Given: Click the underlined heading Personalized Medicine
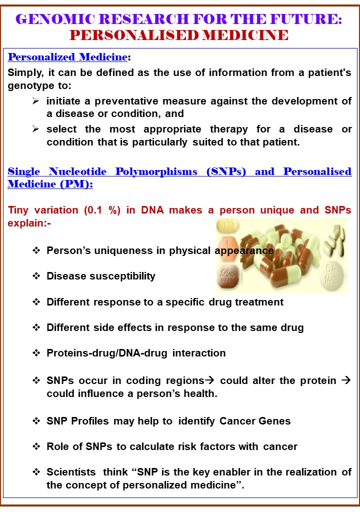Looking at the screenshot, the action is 67,57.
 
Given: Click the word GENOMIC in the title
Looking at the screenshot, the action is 55,19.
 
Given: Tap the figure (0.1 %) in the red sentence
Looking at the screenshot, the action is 102,210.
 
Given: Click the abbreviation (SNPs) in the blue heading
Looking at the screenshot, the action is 226,171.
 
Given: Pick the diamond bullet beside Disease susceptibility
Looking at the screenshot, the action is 36,276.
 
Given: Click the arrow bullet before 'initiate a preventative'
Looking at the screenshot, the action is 35,100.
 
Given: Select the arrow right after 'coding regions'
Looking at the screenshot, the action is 210,380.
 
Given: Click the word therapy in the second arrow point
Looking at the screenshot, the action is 228,129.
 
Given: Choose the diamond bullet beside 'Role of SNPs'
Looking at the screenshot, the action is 36,446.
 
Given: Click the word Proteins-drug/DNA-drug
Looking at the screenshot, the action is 107,353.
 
